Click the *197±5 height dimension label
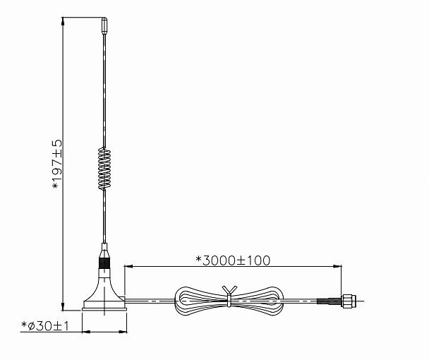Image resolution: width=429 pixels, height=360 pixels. tap(57, 164)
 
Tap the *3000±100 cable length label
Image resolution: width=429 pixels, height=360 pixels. tap(233, 260)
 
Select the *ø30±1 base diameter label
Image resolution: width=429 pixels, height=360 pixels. tap(45, 326)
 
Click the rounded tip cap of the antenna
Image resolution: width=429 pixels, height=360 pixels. tap(104, 26)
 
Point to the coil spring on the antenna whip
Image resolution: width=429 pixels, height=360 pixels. tap(104, 169)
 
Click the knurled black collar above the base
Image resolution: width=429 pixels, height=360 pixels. tap(104, 263)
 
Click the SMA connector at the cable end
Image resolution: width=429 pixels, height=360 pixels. tap(349, 301)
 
